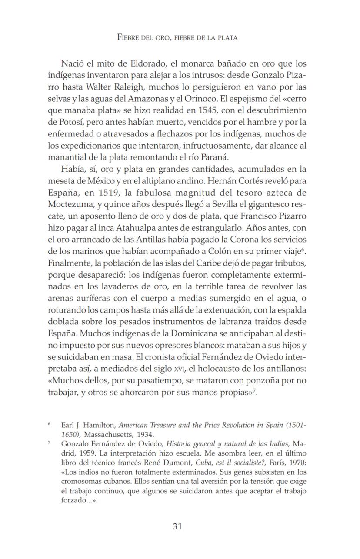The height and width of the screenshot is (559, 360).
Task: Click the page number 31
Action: pyautogui.click(x=177, y=526)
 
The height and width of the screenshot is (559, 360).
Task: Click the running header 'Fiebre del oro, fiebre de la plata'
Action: pyautogui.click(x=177, y=37)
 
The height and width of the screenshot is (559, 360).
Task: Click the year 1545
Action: pyautogui.click(x=205, y=110)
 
